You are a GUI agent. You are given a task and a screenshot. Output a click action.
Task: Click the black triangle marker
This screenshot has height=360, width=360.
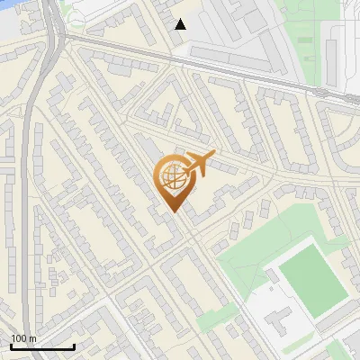pos(181,24)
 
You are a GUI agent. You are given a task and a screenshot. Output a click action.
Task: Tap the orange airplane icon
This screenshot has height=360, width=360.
pos(200,164)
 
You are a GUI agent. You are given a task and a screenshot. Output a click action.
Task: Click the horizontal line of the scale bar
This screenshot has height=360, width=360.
pos(41,346)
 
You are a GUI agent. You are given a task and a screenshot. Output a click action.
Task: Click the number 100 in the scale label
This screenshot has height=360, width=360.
pos(18,338)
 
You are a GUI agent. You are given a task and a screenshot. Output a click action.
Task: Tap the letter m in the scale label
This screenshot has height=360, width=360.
pos(32,338)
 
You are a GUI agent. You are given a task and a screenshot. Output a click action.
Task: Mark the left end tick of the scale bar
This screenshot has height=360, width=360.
pos(10,345)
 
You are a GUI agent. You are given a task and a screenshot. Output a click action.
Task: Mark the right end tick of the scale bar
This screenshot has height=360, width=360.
pos(74,345)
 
